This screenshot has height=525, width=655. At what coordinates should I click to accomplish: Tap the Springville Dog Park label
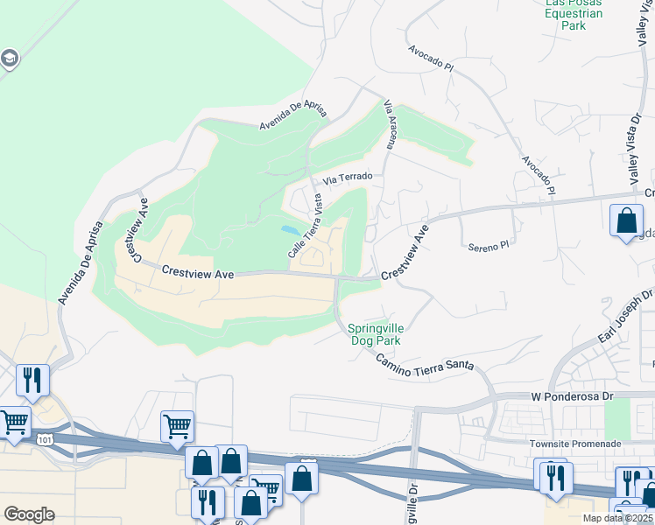click(x=379, y=334)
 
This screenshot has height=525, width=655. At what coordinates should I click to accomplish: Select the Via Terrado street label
click(x=348, y=178)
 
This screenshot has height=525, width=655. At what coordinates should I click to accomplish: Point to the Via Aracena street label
click(x=389, y=124)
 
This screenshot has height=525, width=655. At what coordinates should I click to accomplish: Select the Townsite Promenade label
click(x=575, y=444)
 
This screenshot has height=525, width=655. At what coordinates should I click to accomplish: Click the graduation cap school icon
click(x=10, y=59)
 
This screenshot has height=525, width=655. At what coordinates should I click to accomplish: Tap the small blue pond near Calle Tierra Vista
click(x=288, y=230)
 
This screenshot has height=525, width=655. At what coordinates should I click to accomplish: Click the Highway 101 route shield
click(x=44, y=439)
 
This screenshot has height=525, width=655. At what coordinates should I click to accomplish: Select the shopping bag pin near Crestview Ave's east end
click(x=626, y=220)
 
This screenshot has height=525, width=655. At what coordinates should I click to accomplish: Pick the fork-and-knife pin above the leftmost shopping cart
click(x=32, y=380)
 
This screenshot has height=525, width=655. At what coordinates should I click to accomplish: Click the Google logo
click(x=29, y=514)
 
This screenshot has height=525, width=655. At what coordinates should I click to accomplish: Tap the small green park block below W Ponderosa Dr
click(x=617, y=419)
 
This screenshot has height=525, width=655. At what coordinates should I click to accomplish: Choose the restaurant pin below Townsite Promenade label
click(x=555, y=476)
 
